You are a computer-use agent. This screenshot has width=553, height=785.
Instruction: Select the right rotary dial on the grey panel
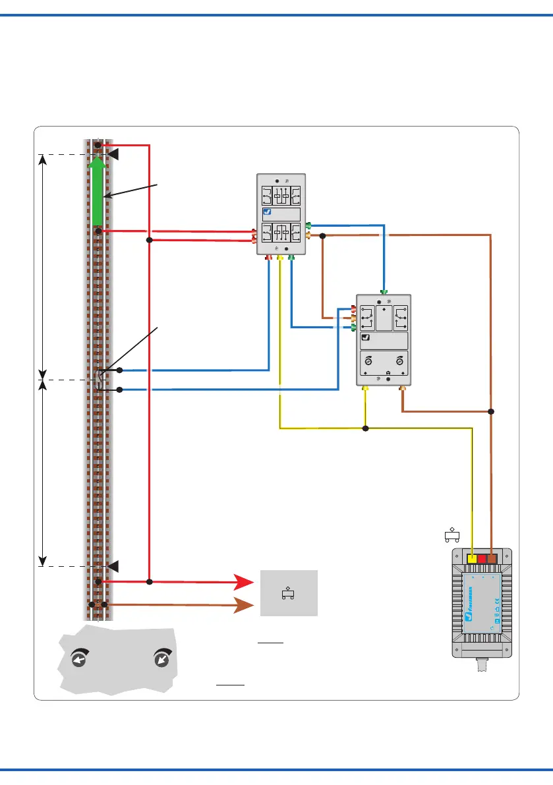[x=161, y=660]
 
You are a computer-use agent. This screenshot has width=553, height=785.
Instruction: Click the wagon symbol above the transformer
[x=452, y=535]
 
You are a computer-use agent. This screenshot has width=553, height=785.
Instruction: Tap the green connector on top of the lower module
[x=384, y=291]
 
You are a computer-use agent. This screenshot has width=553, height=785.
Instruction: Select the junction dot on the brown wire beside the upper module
[x=323, y=235]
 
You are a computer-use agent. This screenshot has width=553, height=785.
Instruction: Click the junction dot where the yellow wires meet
[x=366, y=428]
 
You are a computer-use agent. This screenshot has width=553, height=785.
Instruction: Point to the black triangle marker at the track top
[x=113, y=154]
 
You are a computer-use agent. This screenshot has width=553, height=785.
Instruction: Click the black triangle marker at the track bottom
[x=113, y=566]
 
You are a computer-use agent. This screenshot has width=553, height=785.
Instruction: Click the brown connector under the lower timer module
[x=403, y=390]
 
